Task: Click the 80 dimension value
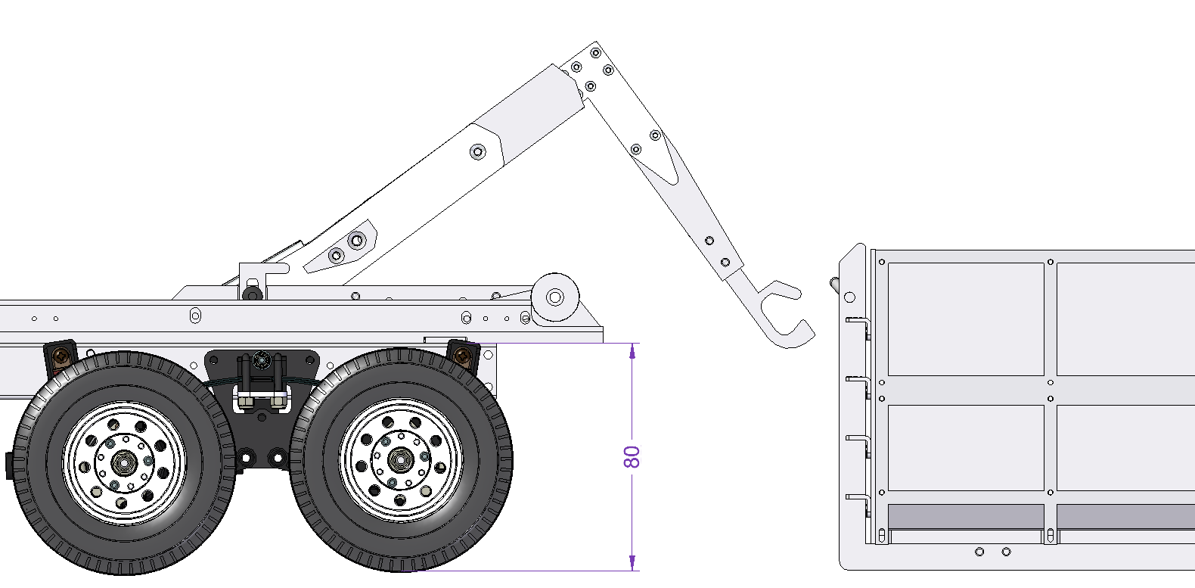pos(632,457)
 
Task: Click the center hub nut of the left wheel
pos(124,462)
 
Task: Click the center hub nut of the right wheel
pos(400,459)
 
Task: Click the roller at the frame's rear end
pos(555,297)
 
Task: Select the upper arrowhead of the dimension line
pos(632,351)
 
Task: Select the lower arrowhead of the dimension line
pos(632,563)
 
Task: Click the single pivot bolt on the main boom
pos(477,152)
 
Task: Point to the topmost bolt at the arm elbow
pos(596,53)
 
